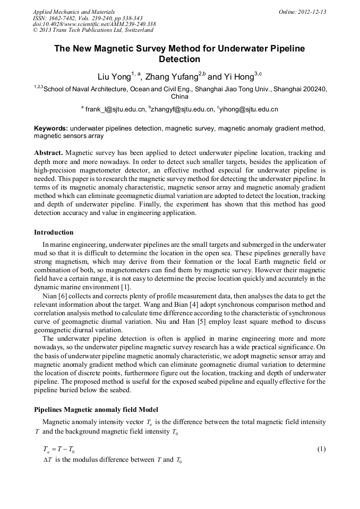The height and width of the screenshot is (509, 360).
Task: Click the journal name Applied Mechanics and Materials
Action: (74, 12)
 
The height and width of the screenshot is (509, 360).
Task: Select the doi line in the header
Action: (94, 24)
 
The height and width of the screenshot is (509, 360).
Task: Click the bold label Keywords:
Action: (51, 128)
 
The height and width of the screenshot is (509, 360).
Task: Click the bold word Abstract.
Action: (48, 153)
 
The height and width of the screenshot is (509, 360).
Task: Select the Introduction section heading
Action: (54, 232)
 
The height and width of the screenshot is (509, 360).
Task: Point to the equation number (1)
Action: (321, 449)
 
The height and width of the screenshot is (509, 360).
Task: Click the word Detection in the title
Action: (179, 59)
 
